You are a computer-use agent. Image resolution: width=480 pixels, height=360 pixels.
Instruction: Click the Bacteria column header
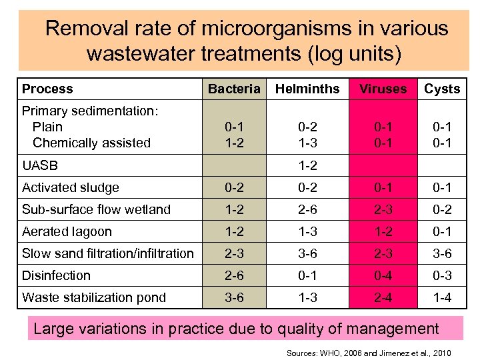pyautogui.click(x=234, y=89)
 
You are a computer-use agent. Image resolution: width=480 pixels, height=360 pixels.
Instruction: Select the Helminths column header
pyautogui.click(x=307, y=89)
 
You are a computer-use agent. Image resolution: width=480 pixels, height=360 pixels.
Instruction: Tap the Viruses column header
pyautogui.click(x=383, y=89)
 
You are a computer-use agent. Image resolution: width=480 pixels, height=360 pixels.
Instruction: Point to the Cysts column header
pyautogui.click(x=442, y=89)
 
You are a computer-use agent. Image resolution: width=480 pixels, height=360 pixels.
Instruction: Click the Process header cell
pyautogui.click(x=47, y=89)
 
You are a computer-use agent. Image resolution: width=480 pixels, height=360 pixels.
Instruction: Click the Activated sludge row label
pyautogui.click(x=70, y=188)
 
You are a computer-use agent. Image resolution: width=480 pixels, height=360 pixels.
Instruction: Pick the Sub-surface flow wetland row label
pyautogui.click(x=96, y=209)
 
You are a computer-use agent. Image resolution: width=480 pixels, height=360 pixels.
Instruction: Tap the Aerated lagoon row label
pyautogui.click(x=67, y=231)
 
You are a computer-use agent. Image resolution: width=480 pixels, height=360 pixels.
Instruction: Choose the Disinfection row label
pyautogui.click(x=56, y=275)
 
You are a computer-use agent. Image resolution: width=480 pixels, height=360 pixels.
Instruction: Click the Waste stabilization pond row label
pyautogui.click(x=94, y=297)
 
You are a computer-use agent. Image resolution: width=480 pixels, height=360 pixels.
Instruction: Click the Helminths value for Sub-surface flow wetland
pyautogui.click(x=307, y=209)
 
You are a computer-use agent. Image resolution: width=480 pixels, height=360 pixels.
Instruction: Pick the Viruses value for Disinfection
pyautogui.click(x=383, y=275)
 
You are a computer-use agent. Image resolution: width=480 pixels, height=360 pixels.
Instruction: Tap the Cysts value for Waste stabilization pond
pyautogui.click(x=442, y=297)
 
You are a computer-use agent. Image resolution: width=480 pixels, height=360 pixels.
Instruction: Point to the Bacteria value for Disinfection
pyautogui.click(x=234, y=275)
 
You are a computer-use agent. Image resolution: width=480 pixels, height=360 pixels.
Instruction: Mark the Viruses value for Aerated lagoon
pyautogui.click(x=383, y=231)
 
